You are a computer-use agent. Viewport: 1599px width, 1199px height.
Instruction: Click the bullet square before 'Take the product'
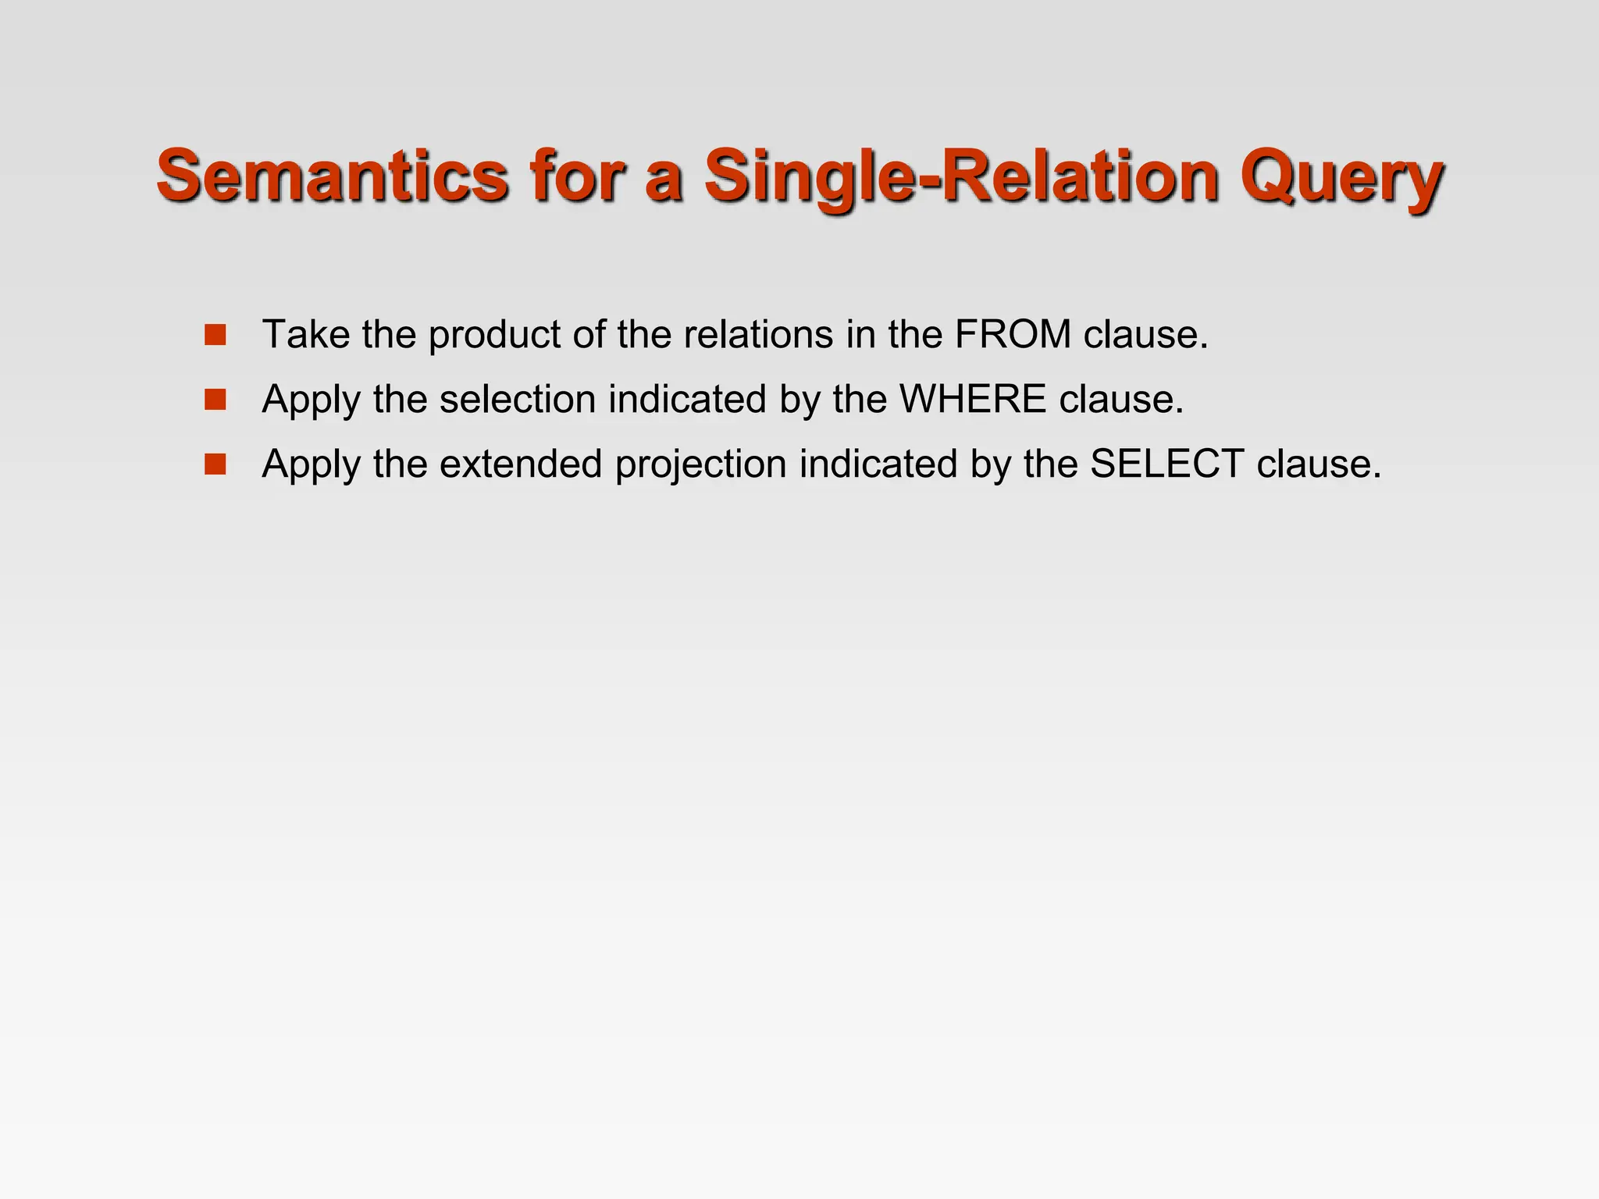(215, 335)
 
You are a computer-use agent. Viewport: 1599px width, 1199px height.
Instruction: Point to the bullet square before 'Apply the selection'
(215, 400)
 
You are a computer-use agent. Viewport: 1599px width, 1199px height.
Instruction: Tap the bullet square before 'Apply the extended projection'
(215, 464)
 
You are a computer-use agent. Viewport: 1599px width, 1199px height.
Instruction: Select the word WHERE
(972, 399)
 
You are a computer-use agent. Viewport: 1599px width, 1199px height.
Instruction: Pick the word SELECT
(1166, 464)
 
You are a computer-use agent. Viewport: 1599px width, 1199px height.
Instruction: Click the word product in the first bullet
(495, 336)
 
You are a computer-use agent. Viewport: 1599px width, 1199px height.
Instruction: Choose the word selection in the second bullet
(518, 399)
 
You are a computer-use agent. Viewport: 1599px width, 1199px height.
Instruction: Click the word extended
(521, 464)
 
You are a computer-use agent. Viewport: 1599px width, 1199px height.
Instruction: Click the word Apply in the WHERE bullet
(312, 400)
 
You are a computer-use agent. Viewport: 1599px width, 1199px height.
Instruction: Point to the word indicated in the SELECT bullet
(878, 464)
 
